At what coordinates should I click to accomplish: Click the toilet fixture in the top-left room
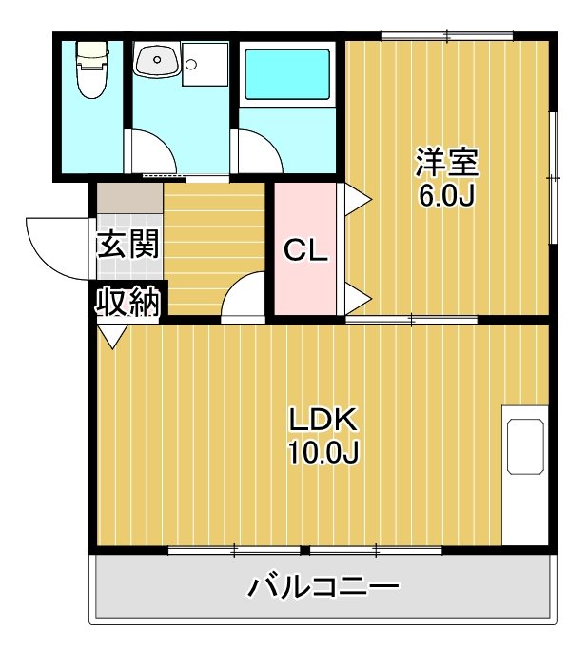pos(91,69)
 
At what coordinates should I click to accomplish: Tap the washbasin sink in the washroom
pos(155,61)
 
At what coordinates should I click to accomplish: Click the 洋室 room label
pos(445,162)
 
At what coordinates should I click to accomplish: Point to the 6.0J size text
pos(445,195)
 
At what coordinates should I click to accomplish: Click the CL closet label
pos(306,251)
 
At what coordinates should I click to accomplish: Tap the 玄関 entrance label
pos(127,245)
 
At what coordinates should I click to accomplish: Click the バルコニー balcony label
pos(323,586)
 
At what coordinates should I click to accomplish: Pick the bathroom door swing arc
pos(255,152)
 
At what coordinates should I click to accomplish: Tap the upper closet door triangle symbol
pos(359,198)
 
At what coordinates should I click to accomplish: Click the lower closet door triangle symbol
pos(359,298)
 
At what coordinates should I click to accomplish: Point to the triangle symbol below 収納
pos(112,335)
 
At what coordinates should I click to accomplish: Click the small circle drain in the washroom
pos(192,65)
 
